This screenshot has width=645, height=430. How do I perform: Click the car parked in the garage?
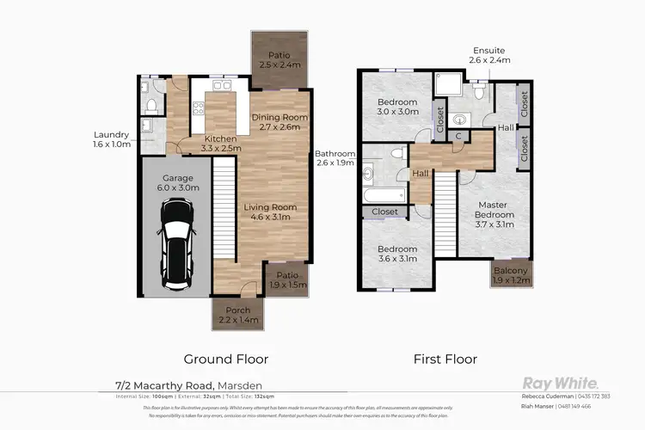pos(179,243)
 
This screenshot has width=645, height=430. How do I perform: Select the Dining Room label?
pos(279,121)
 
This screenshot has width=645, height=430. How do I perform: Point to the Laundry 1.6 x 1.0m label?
pos(114,139)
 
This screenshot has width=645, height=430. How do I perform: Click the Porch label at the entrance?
pos(238,315)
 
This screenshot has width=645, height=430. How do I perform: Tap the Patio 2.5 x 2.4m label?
pos(279,59)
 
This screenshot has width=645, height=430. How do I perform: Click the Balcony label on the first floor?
pos(512,275)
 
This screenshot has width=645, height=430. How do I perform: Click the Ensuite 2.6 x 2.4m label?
pos(489,55)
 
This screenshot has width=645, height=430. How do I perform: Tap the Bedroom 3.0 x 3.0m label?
pos(397,106)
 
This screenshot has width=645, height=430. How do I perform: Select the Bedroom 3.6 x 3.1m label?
pos(397,254)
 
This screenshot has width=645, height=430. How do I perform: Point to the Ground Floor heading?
pos(226,359)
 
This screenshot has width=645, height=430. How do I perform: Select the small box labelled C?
pos(460,136)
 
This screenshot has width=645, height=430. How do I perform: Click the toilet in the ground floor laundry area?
pos(151,105)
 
